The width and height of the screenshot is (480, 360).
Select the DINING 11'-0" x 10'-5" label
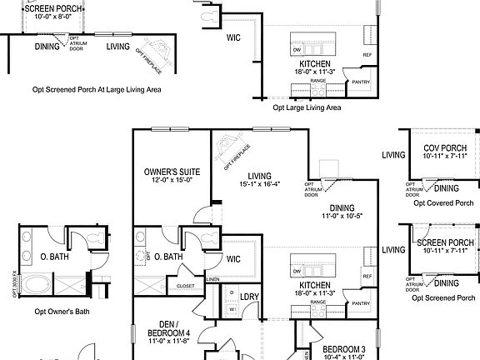[x=341, y=212]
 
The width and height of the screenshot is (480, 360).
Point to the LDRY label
[x=248, y=296]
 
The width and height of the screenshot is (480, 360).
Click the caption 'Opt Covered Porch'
[x=442, y=202]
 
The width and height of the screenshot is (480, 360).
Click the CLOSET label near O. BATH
[x=186, y=286]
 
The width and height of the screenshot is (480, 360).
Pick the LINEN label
[x=213, y=279]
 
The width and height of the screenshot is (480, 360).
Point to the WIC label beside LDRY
[x=232, y=259]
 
